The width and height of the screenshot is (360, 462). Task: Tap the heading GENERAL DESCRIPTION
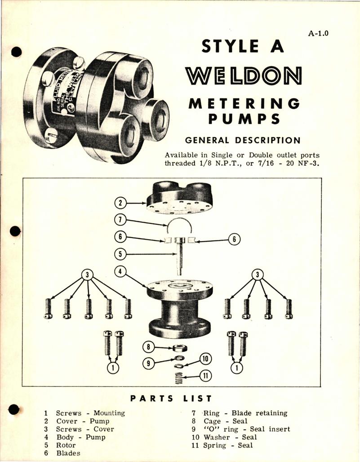pos(243,140)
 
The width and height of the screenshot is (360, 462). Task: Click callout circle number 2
pos(120,203)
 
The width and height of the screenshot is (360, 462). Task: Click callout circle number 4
pos(120,271)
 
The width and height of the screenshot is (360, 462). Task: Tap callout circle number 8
pos(149,347)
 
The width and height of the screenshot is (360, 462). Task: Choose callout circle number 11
pos(205,375)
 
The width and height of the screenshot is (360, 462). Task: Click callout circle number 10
pos(205,359)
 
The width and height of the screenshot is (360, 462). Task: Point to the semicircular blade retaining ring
pos(180,224)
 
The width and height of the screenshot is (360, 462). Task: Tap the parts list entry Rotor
pos(66,445)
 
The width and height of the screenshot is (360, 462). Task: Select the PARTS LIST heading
pos(171,398)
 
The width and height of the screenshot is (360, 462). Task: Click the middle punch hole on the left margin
pos(16,231)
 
